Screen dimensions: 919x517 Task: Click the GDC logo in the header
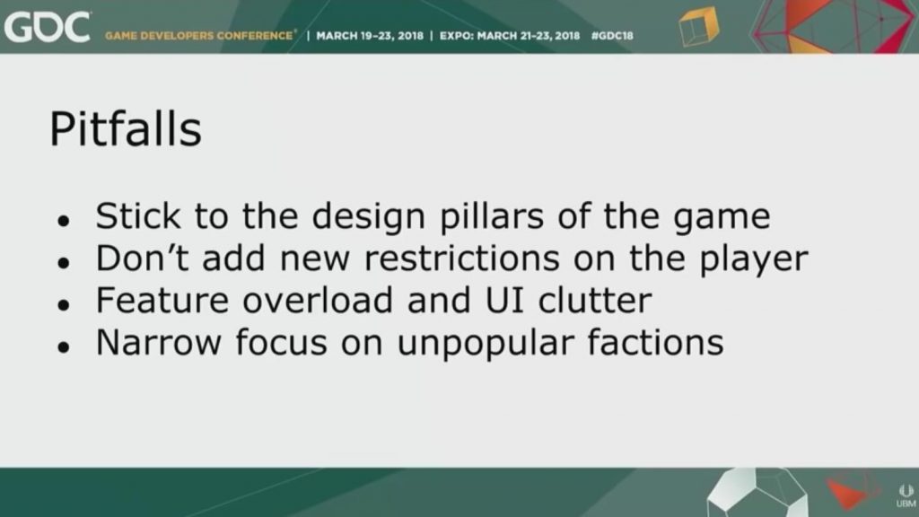pyautogui.click(x=48, y=27)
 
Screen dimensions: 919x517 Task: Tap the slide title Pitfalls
pyautogui.click(x=126, y=129)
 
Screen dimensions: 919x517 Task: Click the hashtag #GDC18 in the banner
pyautogui.click(x=612, y=36)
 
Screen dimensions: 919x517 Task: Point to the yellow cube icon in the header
pyautogui.click(x=698, y=26)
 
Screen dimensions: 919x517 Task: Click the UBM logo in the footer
pyautogui.click(x=906, y=496)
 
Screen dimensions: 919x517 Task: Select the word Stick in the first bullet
pyautogui.click(x=138, y=215)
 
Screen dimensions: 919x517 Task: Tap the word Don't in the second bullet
pyautogui.click(x=143, y=258)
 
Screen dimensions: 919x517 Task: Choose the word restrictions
pyautogui.click(x=462, y=258)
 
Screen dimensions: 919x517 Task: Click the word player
pyautogui.click(x=754, y=260)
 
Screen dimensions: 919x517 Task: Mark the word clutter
pyautogui.click(x=595, y=300)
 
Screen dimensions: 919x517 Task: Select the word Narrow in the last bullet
pyautogui.click(x=159, y=342)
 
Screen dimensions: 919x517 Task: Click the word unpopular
pyautogui.click(x=486, y=345)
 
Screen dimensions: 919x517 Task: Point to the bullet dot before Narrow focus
pyautogui.click(x=64, y=347)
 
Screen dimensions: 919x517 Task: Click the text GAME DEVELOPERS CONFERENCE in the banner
pyautogui.click(x=198, y=36)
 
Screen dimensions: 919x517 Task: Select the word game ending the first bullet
pyautogui.click(x=722, y=219)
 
